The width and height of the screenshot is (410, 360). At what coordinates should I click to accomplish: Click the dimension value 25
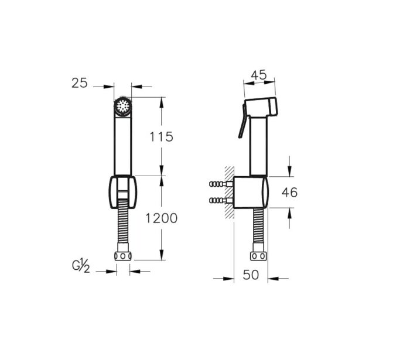(80, 83)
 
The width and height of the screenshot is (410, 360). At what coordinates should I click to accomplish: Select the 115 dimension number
(161, 136)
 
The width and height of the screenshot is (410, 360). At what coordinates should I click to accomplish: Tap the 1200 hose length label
(161, 218)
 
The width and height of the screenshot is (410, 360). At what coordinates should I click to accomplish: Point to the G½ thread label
(81, 266)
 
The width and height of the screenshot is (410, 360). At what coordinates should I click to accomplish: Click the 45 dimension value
(259, 75)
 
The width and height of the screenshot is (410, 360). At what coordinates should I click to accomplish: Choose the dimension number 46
(289, 193)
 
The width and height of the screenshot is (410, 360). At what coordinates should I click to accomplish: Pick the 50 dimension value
(251, 275)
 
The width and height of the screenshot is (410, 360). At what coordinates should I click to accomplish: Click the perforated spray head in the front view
(123, 107)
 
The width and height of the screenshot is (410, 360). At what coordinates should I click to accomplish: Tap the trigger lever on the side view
(242, 121)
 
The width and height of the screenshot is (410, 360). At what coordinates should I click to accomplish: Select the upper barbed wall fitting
(221, 184)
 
